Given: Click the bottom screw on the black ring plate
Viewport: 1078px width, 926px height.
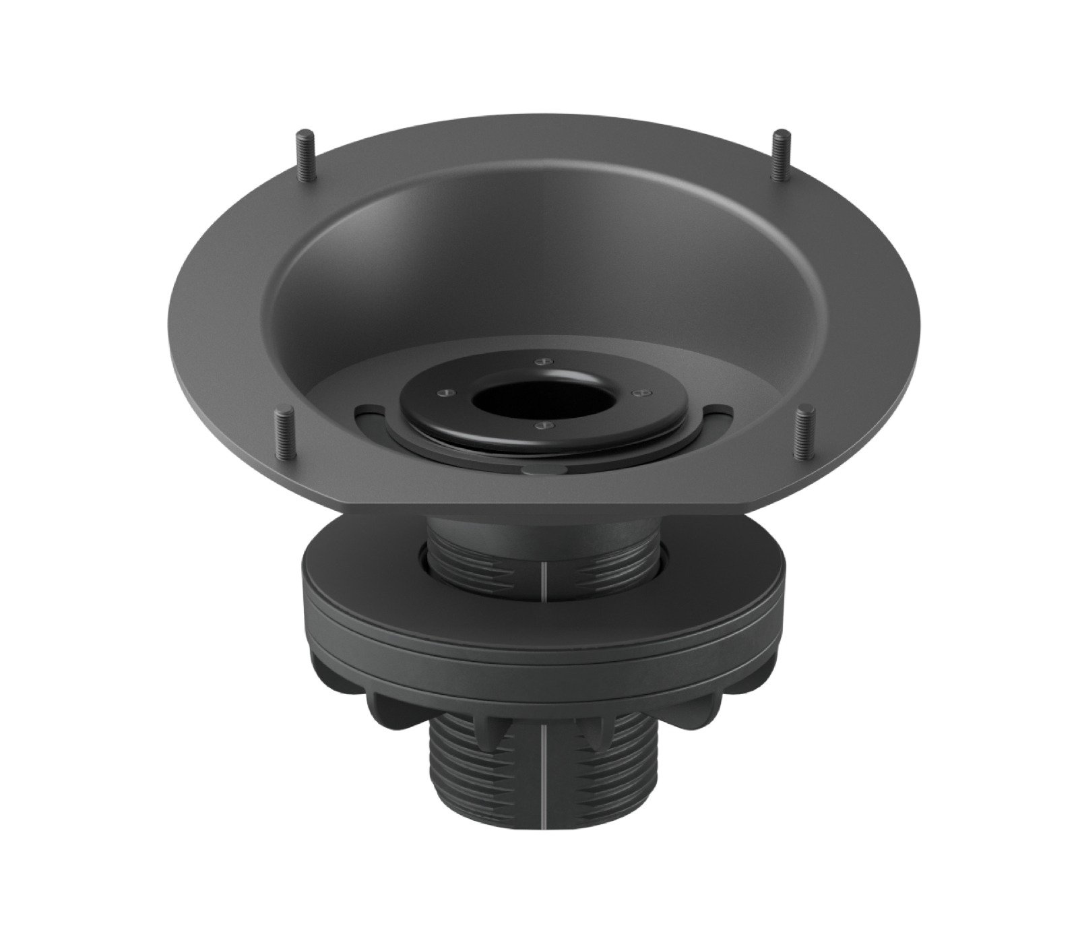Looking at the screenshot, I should coord(539,426).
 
